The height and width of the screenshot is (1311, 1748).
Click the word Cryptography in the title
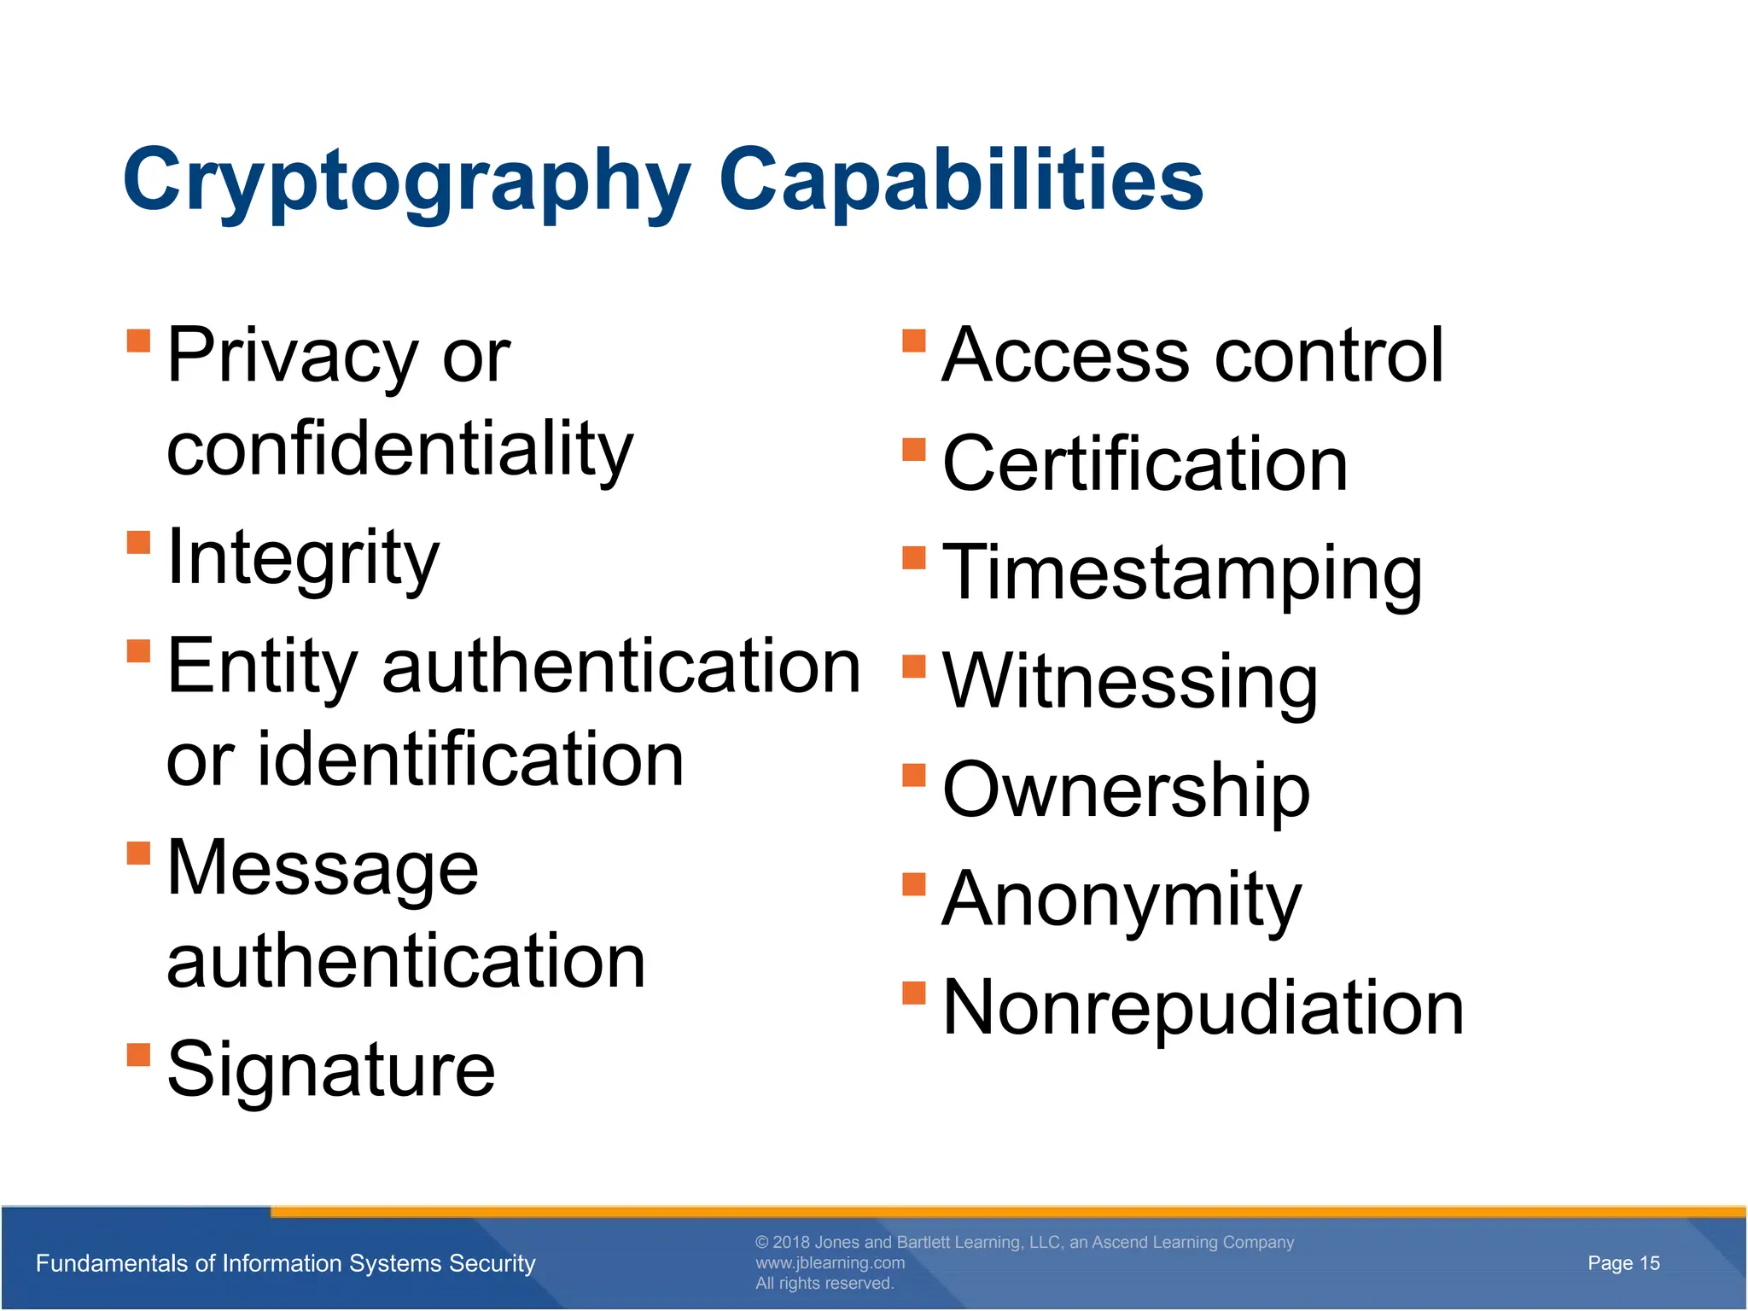click(406, 181)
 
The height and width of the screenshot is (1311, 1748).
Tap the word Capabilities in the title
click(961, 181)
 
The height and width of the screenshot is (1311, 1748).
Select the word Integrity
click(303, 559)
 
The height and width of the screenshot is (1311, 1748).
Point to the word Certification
click(1145, 464)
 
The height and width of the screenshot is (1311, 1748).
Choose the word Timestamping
click(1182, 574)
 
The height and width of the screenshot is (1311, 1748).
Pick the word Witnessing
click(1130, 682)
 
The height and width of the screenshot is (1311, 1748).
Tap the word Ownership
click(1126, 790)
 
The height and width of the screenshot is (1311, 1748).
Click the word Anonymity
click(1122, 900)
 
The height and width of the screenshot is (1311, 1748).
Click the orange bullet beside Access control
click(914, 341)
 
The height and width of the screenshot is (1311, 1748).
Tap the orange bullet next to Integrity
click(138, 543)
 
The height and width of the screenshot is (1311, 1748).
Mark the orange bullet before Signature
click(138, 1055)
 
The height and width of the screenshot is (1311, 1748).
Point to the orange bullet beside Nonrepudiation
click(914, 993)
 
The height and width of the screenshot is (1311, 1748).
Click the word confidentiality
click(400, 450)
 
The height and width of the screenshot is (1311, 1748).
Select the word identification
click(470, 760)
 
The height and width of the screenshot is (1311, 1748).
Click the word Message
click(323, 869)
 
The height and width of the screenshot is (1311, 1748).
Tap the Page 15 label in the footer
click(1623, 1263)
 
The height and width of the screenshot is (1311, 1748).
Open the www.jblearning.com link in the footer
click(830, 1263)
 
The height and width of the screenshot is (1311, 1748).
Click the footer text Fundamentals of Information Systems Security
click(286, 1263)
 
